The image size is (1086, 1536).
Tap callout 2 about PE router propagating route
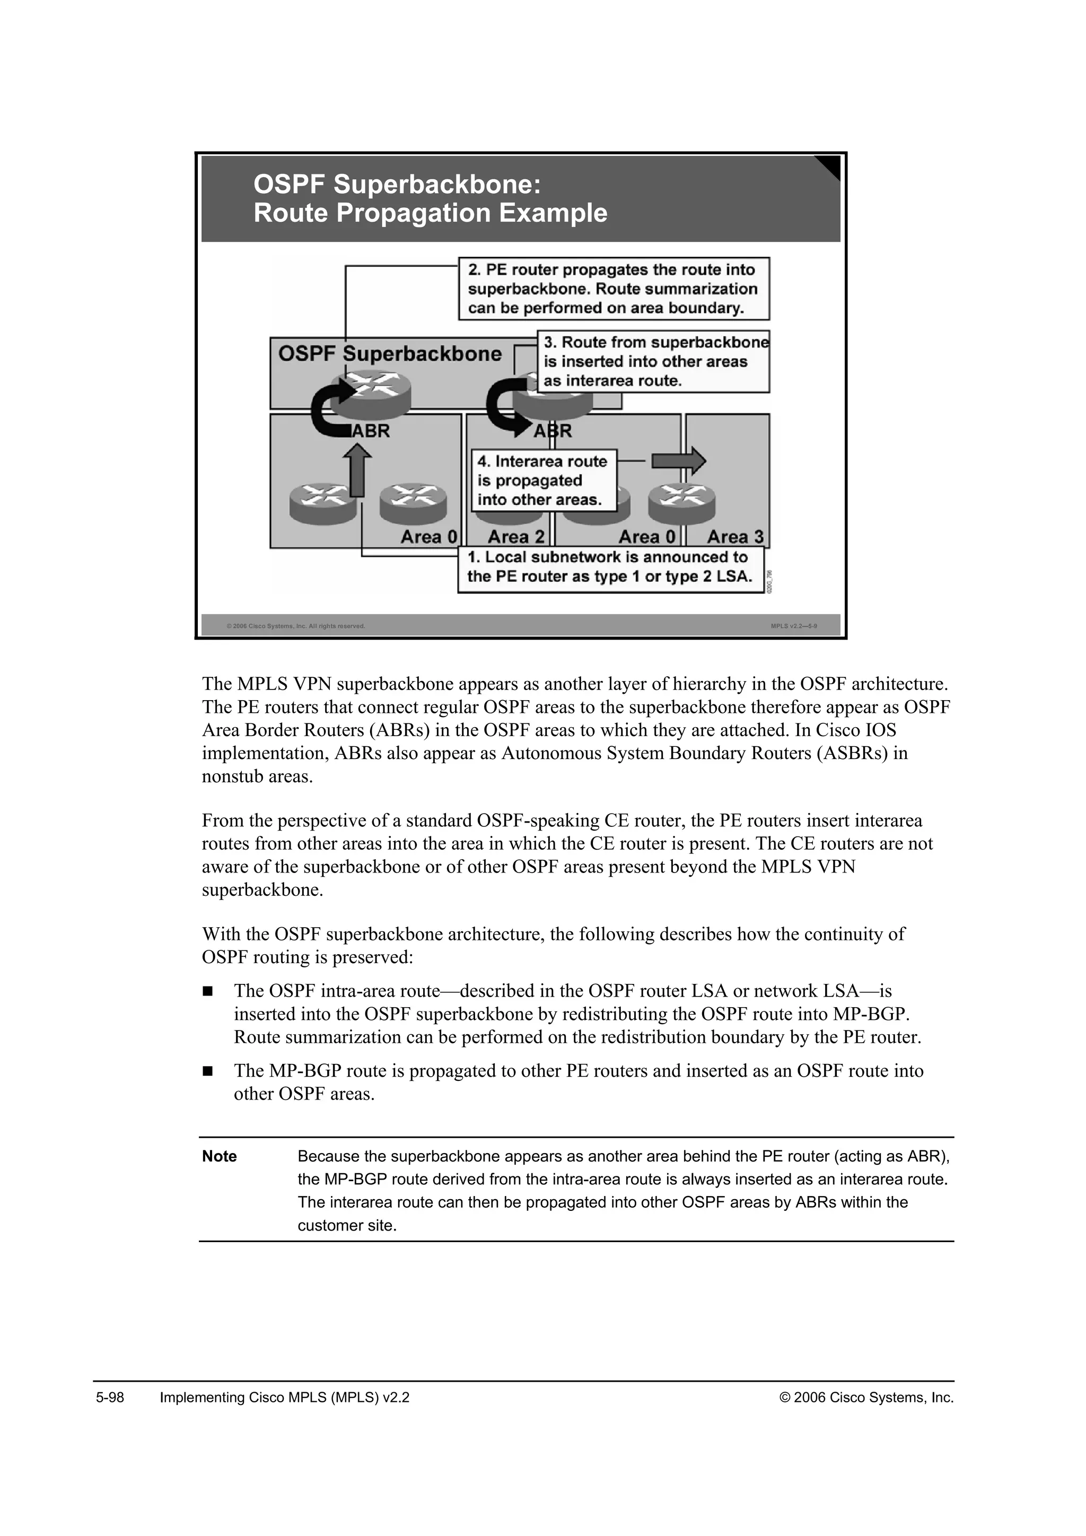(x=613, y=289)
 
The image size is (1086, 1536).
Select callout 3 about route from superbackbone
(x=653, y=361)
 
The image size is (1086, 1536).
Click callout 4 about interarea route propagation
(x=543, y=481)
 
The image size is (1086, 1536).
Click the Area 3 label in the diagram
(x=735, y=537)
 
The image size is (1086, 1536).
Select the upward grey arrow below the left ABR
(x=358, y=472)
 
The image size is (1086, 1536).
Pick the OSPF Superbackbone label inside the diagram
(x=390, y=354)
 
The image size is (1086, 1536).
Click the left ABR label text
(x=371, y=432)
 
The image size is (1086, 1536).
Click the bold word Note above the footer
(x=220, y=1157)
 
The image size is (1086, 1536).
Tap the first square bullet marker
(x=207, y=991)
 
